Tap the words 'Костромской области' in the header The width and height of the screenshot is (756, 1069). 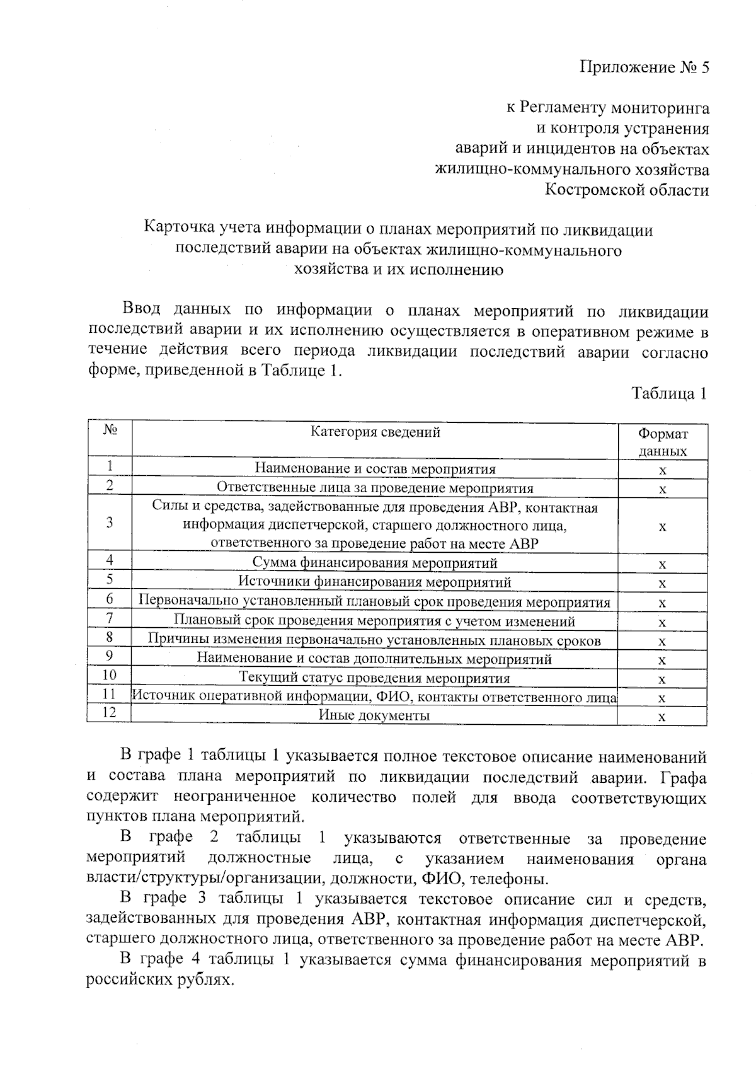tap(626, 190)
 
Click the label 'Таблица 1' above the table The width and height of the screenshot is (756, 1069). tap(669, 394)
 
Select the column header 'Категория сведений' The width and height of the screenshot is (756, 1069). tap(375, 432)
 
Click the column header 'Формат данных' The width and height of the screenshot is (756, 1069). tap(662, 442)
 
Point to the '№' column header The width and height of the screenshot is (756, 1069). tap(110, 431)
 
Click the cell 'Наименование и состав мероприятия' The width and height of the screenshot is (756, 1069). tap(375, 469)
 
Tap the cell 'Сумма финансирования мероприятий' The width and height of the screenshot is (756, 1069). tap(375, 563)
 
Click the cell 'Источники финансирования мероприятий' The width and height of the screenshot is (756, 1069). tap(375, 582)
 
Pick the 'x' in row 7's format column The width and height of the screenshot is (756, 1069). tap(662, 622)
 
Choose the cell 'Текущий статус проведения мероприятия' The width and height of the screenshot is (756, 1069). tap(375, 679)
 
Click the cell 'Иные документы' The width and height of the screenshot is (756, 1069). tap(375, 715)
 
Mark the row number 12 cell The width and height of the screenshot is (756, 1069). tap(110, 713)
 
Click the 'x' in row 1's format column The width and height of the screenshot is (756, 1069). tap(662, 470)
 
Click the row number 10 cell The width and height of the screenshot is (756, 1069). tap(110, 675)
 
